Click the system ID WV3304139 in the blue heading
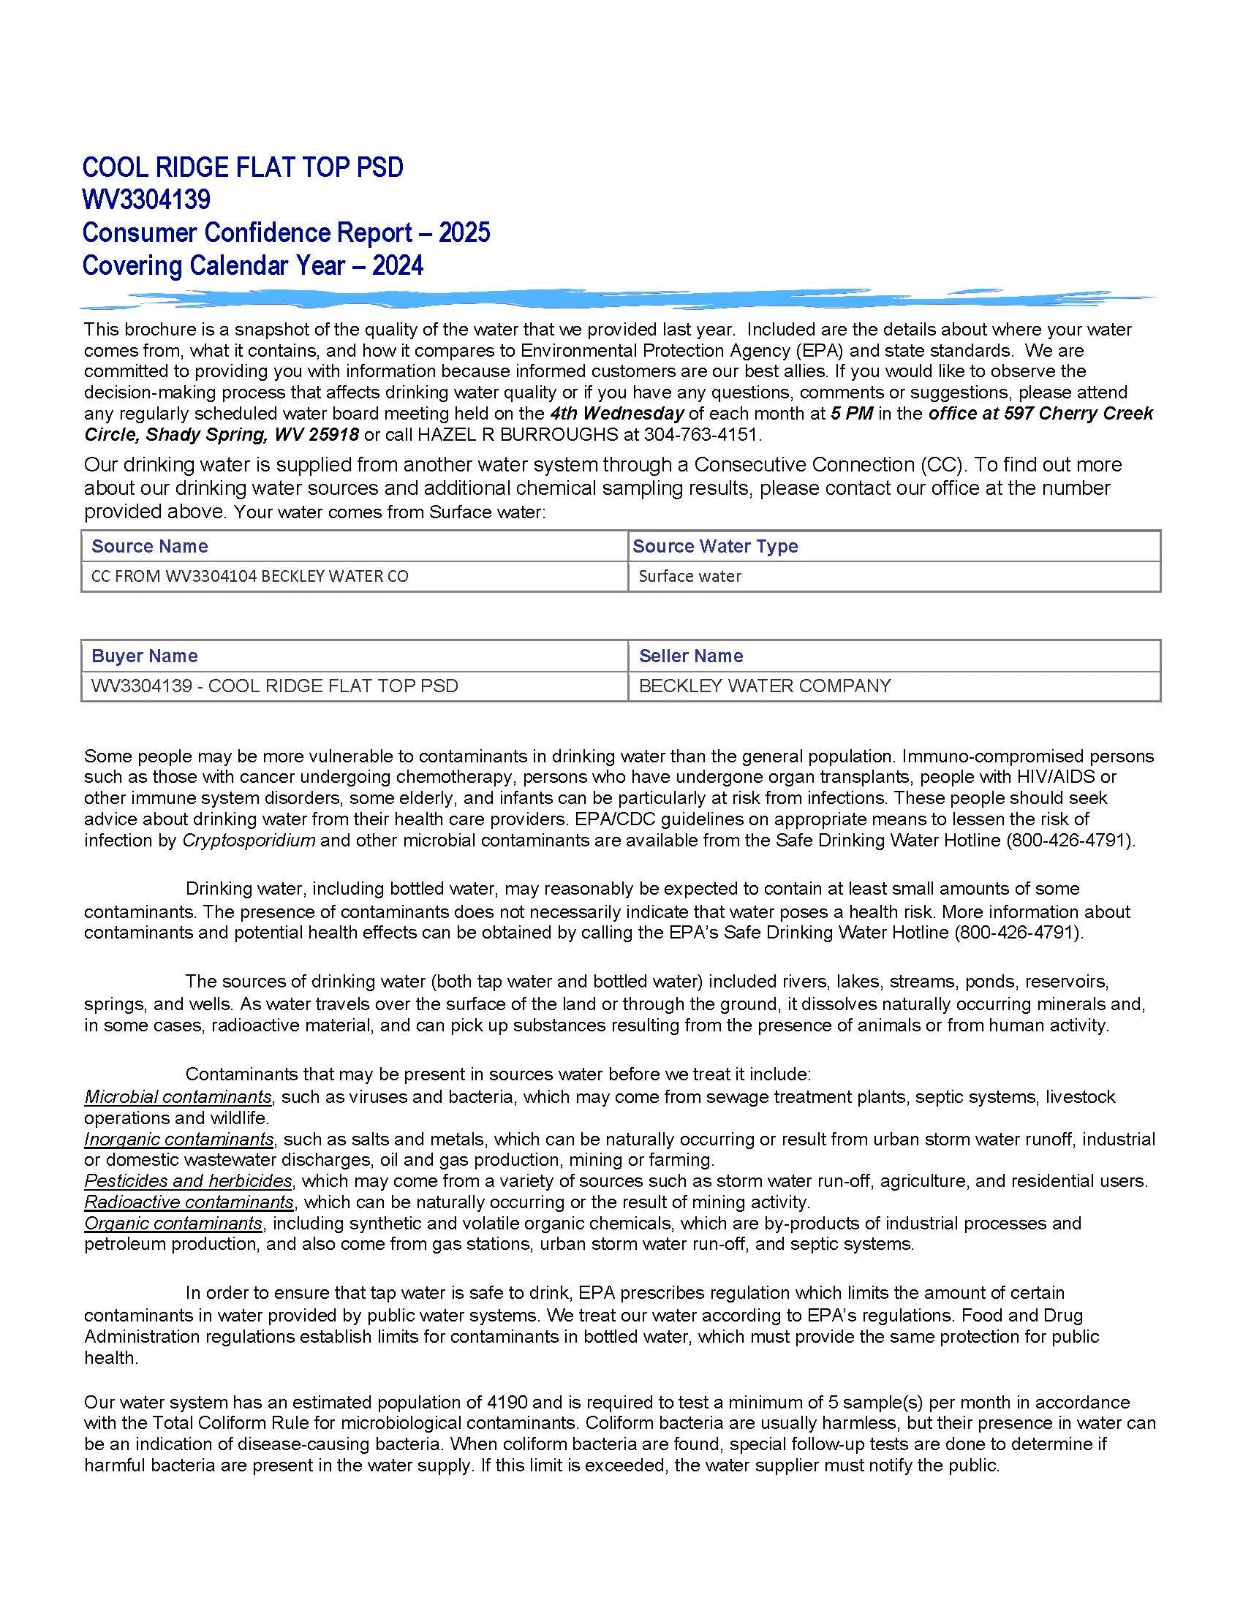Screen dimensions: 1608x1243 coord(146,200)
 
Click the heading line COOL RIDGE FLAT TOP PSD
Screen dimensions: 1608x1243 coord(243,167)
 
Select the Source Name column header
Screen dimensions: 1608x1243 coord(149,546)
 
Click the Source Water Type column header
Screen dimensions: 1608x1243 coord(714,546)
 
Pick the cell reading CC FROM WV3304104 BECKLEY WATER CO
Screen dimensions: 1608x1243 coord(249,577)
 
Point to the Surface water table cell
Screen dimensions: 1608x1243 coord(689,577)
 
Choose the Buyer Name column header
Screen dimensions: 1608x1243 coord(144,656)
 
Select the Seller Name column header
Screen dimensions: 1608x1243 coord(691,656)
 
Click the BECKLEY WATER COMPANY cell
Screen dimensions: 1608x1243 coord(764,686)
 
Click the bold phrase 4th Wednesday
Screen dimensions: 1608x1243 coord(616,413)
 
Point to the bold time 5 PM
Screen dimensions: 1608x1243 coord(852,413)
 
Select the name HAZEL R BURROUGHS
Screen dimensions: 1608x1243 coord(518,434)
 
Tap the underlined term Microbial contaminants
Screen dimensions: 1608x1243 coord(178,1097)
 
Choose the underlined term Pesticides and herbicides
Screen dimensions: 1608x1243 coord(189,1181)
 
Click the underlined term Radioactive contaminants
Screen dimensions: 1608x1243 coord(189,1202)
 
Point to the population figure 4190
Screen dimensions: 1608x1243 coord(508,1403)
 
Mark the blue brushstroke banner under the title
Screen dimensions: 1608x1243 coord(617,298)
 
